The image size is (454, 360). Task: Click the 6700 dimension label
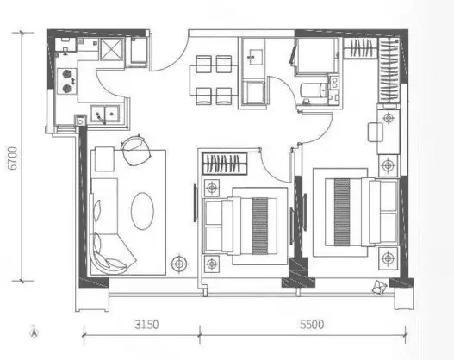click(x=13, y=158)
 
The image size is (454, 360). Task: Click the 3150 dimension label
click(x=146, y=325)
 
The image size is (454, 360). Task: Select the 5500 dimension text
click(x=312, y=325)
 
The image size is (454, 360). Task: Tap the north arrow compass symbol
click(x=34, y=332)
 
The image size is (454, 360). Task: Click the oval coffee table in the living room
click(x=142, y=211)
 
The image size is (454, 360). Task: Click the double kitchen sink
click(x=104, y=114)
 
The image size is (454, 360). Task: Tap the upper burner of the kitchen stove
click(x=67, y=74)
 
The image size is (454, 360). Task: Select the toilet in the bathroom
click(x=313, y=90)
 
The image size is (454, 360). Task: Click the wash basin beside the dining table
click(x=255, y=57)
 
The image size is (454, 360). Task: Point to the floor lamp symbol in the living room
click(x=179, y=264)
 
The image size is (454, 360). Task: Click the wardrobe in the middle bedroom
click(x=225, y=164)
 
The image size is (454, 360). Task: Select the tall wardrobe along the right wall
click(x=389, y=71)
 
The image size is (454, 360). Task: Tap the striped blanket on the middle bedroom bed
click(x=260, y=226)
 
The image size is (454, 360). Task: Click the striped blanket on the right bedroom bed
click(x=342, y=212)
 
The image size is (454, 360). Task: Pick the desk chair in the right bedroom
click(x=376, y=133)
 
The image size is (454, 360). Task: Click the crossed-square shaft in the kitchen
click(x=111, y=49)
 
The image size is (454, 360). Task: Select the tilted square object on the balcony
click(x=380, y=288)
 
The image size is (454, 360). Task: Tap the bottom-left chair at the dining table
click(x=204, y=96)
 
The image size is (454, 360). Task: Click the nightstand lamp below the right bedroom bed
click(x=388, y=258)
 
